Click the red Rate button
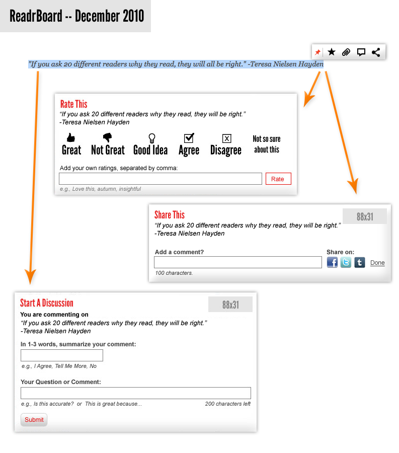278,179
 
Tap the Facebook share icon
332,262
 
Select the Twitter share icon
346,262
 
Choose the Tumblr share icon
359,262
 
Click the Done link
377,263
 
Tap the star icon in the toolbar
332,52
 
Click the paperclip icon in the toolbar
346,52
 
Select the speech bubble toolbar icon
361,52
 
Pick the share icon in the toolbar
376,52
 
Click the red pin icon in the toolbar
317,52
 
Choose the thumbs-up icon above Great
71,137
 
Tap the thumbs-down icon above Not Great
107,137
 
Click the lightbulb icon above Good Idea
152,138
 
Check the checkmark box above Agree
189,138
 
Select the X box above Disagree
226,138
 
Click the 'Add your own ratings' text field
160,179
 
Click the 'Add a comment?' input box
238,262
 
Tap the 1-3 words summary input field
62,355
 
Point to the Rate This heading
73,104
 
